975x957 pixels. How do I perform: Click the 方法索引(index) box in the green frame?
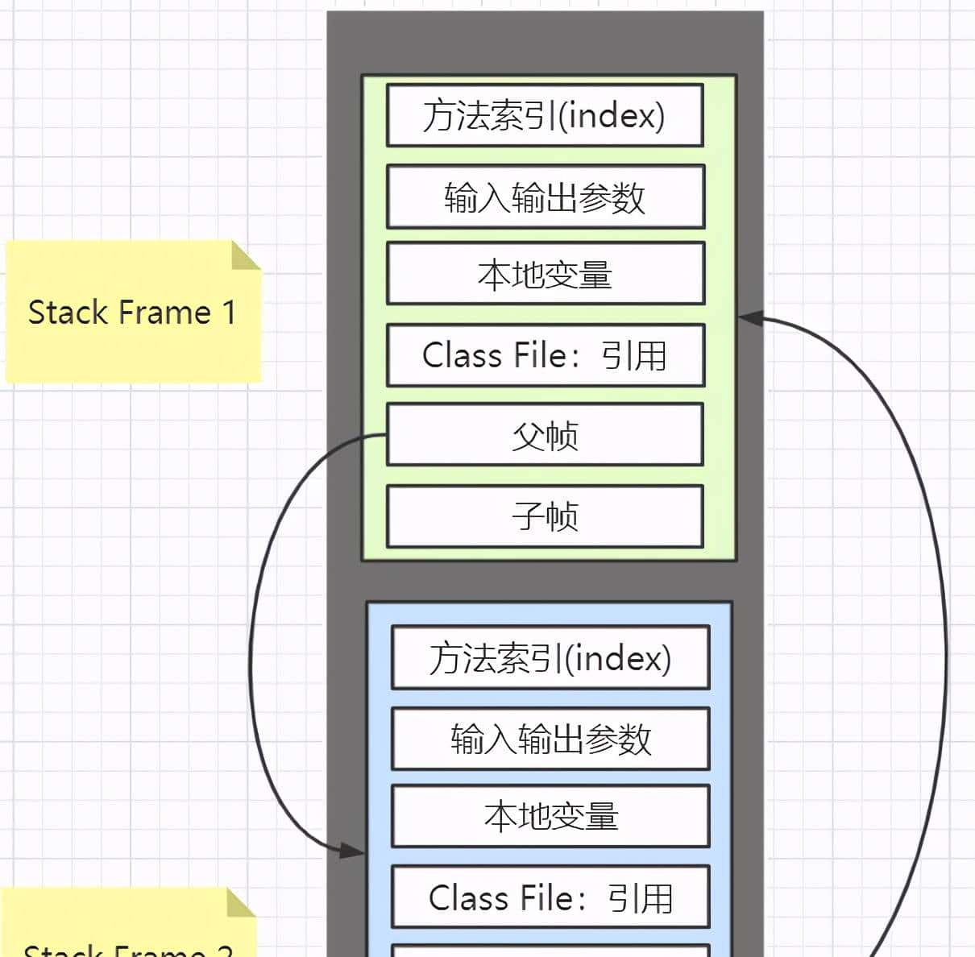click(x=545, y=115)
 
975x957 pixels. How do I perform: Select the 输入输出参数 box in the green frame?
click(x=546, y=197)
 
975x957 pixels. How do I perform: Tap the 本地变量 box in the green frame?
click(x=546, y=274)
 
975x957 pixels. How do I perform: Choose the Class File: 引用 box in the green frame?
click(x=546, y=355)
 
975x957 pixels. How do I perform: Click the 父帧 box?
click(x=546, y=435)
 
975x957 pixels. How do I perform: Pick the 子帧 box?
click(x=546, y=516)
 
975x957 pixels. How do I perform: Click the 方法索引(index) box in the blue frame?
click(x=550, y=658)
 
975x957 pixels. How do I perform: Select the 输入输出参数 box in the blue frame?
click(x=550, y=739)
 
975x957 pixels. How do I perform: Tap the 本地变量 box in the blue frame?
click(x=550, y=816)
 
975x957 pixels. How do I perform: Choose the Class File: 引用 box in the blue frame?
click(x=550, y=897)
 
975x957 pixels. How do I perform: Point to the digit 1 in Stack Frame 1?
click(x=229, y=313)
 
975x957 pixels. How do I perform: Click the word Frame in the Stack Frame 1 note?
click(x=169, y=313)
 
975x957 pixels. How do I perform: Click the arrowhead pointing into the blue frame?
click(x=353, y=850)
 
